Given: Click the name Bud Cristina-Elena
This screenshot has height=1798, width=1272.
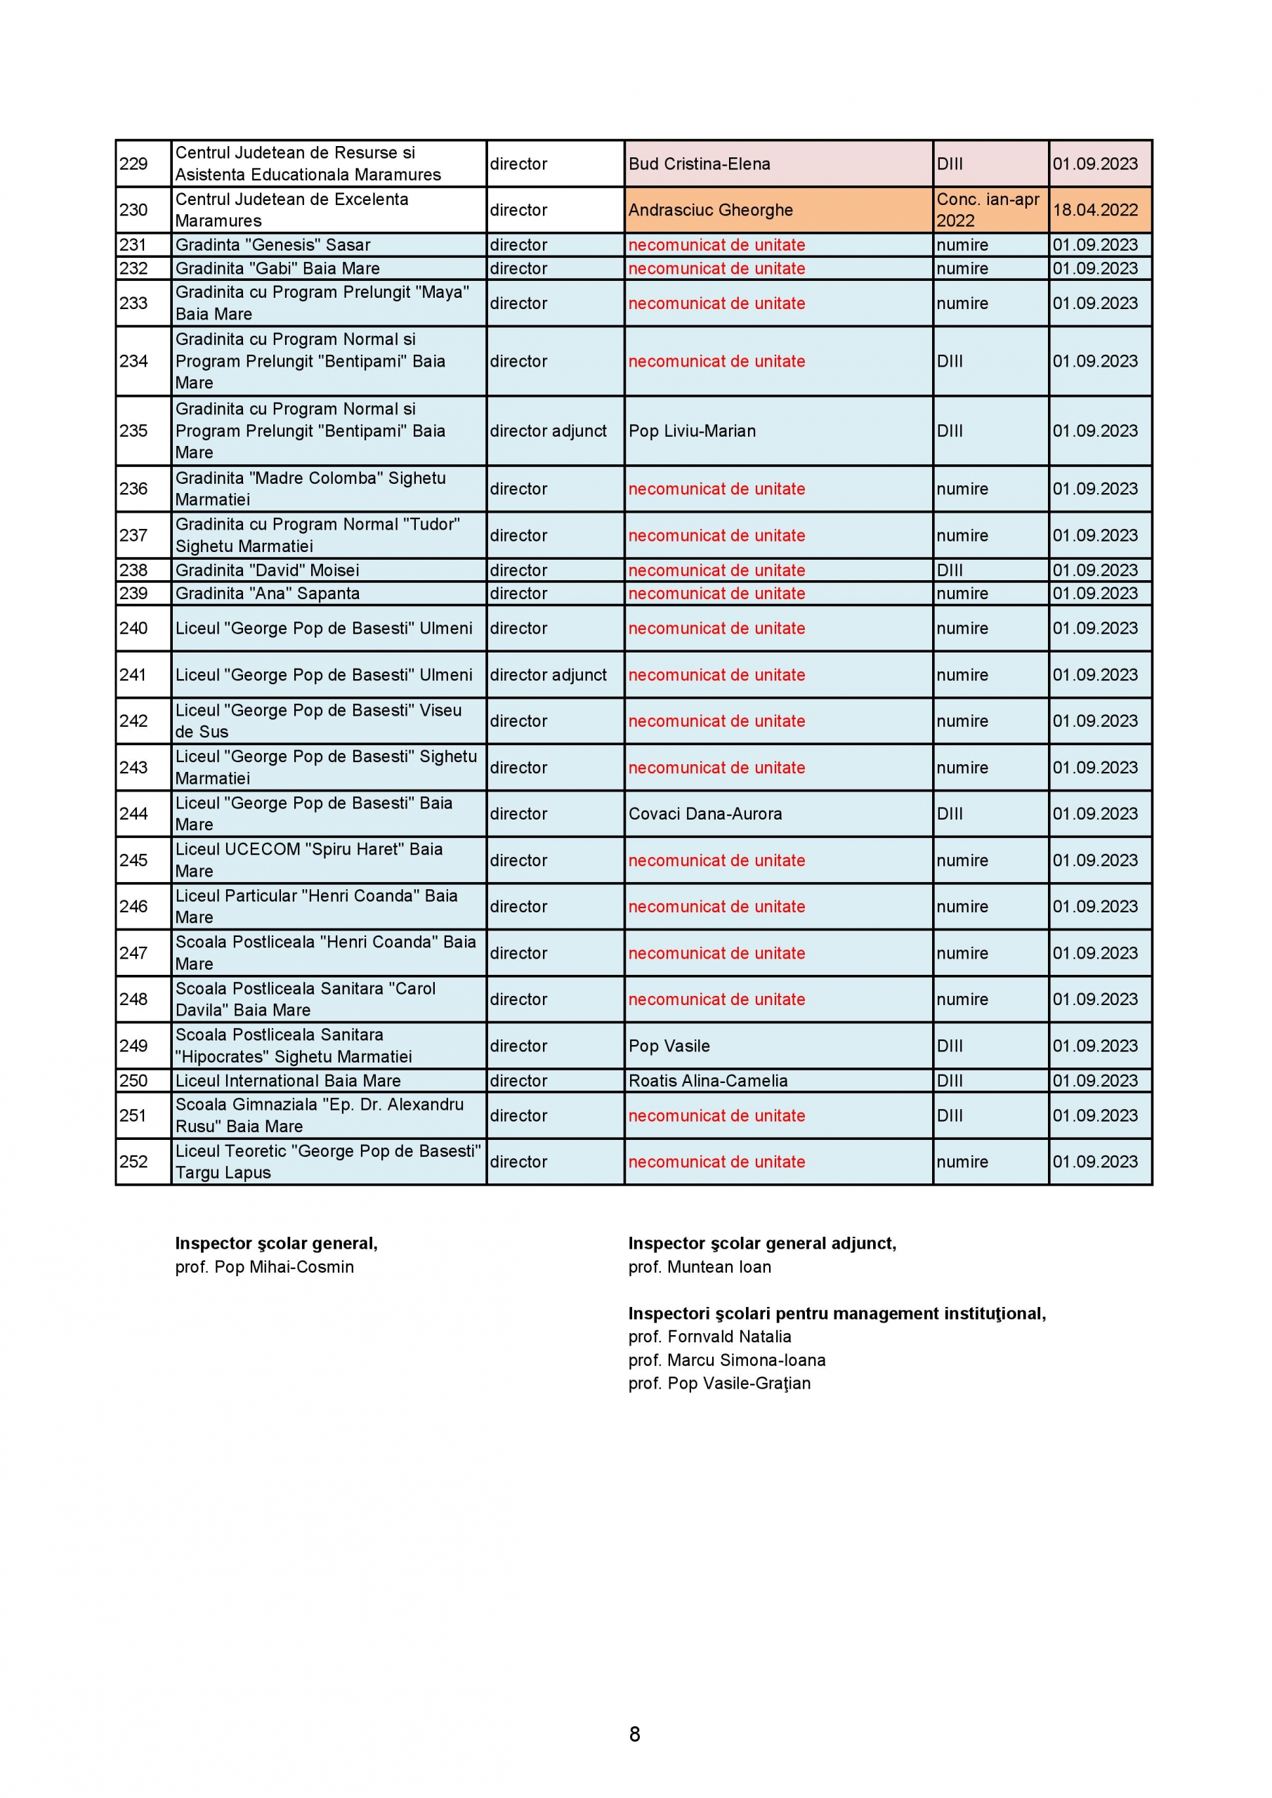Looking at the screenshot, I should pyautogui.click(x=699, y=164).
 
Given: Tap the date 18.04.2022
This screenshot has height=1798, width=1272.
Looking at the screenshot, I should pyautogui.click(x=1094, y=210).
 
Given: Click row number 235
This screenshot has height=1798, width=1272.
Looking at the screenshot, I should pyautogui.click(x=133, y=431).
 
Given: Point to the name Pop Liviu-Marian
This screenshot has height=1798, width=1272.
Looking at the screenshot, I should pyautogui.click(x=692, y=431).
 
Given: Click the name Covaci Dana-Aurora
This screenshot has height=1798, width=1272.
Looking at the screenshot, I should pyautogui.click(x=705, y=813).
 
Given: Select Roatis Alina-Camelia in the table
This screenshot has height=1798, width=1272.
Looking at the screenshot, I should pyautogui.click(x=707, y=1081).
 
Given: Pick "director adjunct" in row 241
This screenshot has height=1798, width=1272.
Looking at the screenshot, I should pyautogui.click(x=549, y=675).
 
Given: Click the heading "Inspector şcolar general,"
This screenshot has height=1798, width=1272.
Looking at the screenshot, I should pyautogui.click(x=276, y=1244).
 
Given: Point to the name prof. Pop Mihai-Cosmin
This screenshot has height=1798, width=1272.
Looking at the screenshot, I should pyautogui.click(x=264, y=1267).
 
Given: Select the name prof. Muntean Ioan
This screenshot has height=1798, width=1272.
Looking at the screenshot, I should pyautogui.click(x=699, y=1267).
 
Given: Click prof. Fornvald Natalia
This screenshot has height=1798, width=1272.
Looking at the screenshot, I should pyautogui.click(x=709, y=1337).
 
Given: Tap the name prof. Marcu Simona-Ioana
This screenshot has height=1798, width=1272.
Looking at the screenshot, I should pyautogui.click(x=726, y=1360).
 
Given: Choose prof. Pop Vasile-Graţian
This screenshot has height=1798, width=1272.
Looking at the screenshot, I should pyautogui.click(x=719, y=1384).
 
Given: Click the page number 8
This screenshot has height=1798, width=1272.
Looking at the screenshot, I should pyautogui.click(x=634, y=1735).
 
